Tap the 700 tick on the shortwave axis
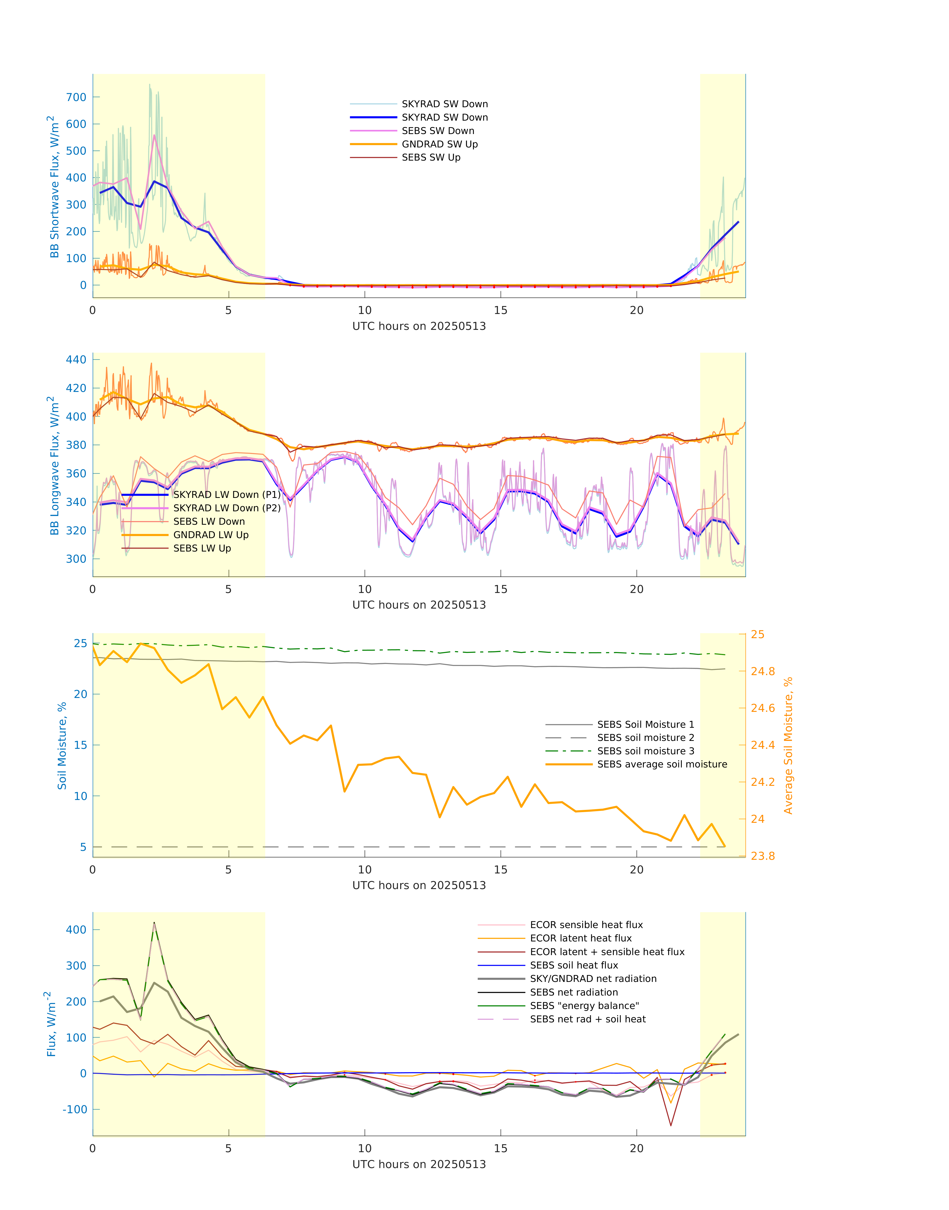76,97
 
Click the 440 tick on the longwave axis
76,360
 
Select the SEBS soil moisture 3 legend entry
645,751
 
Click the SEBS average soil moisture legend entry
662,764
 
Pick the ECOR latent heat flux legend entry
581,938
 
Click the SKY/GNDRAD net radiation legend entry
593,979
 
